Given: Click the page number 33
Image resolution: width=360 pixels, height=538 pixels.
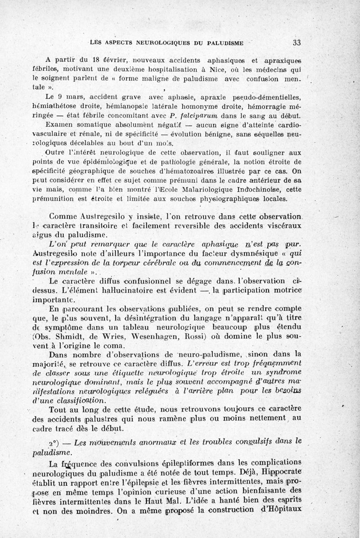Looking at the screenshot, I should pos(297,43).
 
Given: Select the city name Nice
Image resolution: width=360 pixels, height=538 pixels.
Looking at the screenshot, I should pos(220,70).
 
